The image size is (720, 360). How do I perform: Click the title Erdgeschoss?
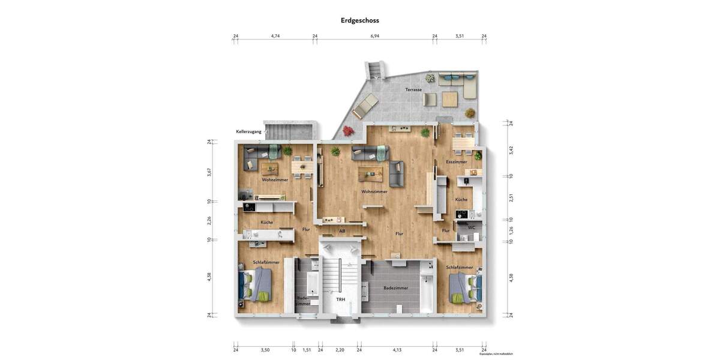coord(359,20)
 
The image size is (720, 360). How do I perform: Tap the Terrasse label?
coord(413,90)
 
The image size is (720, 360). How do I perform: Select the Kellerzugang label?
coord(248,131)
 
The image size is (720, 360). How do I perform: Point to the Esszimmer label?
coord(456,162)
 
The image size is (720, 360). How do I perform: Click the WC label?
coord(472,227)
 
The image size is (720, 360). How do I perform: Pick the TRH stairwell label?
coord(340,299)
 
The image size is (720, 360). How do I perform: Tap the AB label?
coord(342,231)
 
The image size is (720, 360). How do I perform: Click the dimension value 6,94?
coord(374,36)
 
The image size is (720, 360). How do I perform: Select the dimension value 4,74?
coord(275,36)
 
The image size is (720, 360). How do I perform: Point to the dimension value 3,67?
coord(209,171)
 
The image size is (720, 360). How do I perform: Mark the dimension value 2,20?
coord(340,350)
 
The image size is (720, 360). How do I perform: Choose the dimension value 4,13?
coord(397,350)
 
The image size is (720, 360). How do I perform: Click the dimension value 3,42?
coord(511,150)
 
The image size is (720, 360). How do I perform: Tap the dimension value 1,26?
coord(511,230)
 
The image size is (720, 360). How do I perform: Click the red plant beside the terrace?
coord(347,130)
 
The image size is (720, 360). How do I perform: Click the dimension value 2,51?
coord(511,198)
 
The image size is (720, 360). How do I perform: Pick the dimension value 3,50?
coord(265,350)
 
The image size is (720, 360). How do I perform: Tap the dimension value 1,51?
coord(307,350)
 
